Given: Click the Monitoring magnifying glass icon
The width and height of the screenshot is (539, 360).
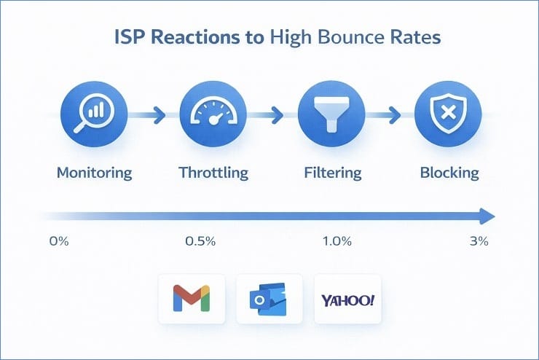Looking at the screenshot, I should click(x=95, y=114).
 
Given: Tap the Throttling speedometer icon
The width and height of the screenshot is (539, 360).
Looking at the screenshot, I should click(x=213, y=114).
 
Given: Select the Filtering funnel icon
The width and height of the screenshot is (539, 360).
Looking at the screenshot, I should click(x=332, y=114).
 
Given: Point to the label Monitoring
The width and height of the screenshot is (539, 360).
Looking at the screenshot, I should click(x=95, y=173).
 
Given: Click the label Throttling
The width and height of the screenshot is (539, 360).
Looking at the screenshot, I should click(x=213, y=173).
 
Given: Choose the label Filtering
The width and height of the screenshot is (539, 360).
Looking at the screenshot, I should click(x=332, y=173).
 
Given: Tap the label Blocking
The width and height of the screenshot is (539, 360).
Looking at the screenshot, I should click(x=449, y=173).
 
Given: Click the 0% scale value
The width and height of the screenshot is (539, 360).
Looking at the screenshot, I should click(x=58, y=241).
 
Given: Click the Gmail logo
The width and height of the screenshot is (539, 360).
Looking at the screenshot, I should click(x=190, y=300).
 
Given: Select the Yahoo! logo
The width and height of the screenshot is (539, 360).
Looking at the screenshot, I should click(x=347, y=300).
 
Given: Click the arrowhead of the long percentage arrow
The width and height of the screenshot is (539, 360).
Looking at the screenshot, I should click(x=487, y=216).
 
